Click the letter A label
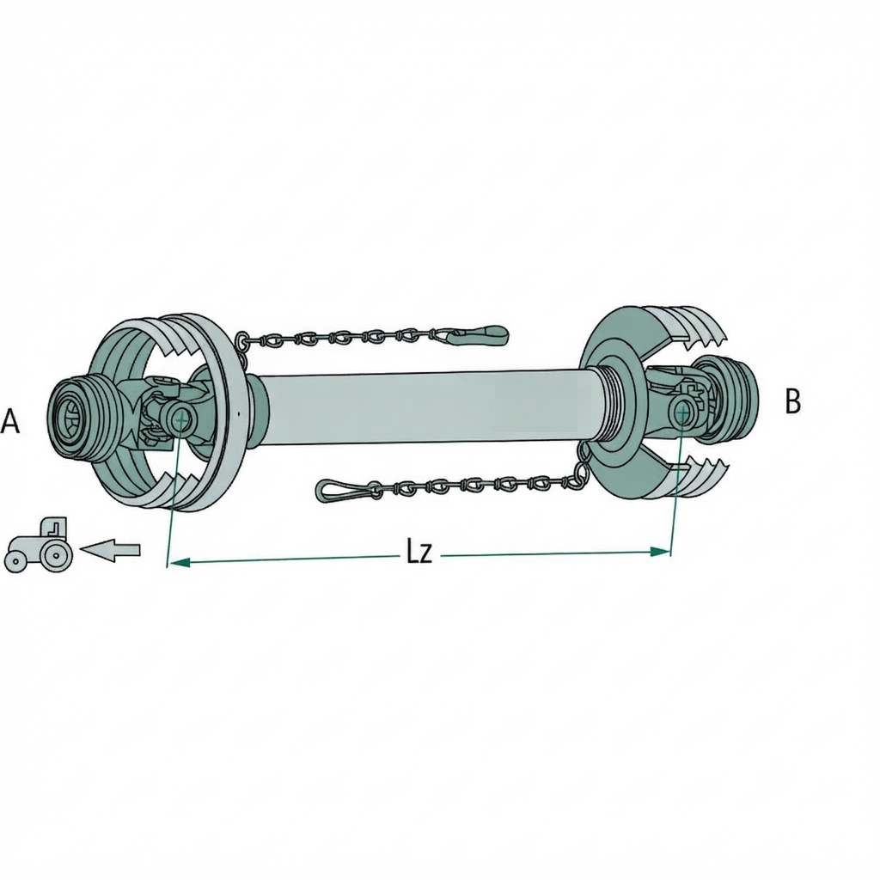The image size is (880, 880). pos(10,421)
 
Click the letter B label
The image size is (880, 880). pos(792,401)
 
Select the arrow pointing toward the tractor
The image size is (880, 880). pos(111,549)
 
